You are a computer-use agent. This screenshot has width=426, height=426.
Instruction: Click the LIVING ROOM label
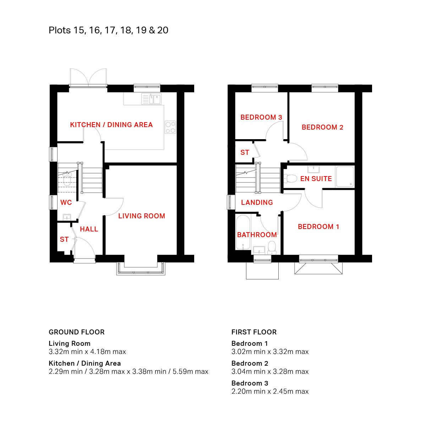pos(142,216)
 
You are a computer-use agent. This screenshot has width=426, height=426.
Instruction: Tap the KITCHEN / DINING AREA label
pos(111,125)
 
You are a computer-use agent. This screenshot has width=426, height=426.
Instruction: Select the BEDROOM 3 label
pos(261,117)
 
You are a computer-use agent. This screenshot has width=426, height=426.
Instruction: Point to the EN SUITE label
pos(316,179)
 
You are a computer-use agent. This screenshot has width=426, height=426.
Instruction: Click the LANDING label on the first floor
pos(257,202)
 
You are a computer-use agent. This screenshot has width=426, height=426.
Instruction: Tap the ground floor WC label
pos(66,202)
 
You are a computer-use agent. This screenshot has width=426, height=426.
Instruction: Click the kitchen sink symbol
pos(152,99)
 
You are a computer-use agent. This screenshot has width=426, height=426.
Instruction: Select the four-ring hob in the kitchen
pos(170,127)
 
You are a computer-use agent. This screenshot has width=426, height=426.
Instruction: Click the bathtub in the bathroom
pos(243,233)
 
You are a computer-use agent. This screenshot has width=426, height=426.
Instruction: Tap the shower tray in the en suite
pos(344,177)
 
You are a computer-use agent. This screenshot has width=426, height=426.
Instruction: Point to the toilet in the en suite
pos(290,179)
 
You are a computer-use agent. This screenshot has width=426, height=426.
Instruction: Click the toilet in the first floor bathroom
pos(272,247)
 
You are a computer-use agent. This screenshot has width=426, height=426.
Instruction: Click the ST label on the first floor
pos(245,152)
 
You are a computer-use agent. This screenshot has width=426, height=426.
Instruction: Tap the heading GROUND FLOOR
pos(76,332)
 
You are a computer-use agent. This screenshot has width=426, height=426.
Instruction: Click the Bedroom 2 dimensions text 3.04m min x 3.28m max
pos(270,371)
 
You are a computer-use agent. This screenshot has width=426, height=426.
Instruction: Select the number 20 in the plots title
pos(163,30)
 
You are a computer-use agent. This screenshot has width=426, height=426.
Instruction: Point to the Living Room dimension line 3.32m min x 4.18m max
pos(87,351)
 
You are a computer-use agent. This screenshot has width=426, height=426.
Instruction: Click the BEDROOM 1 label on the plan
pos(318,226)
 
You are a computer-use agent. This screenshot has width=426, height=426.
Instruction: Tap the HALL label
pos(89,229)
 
